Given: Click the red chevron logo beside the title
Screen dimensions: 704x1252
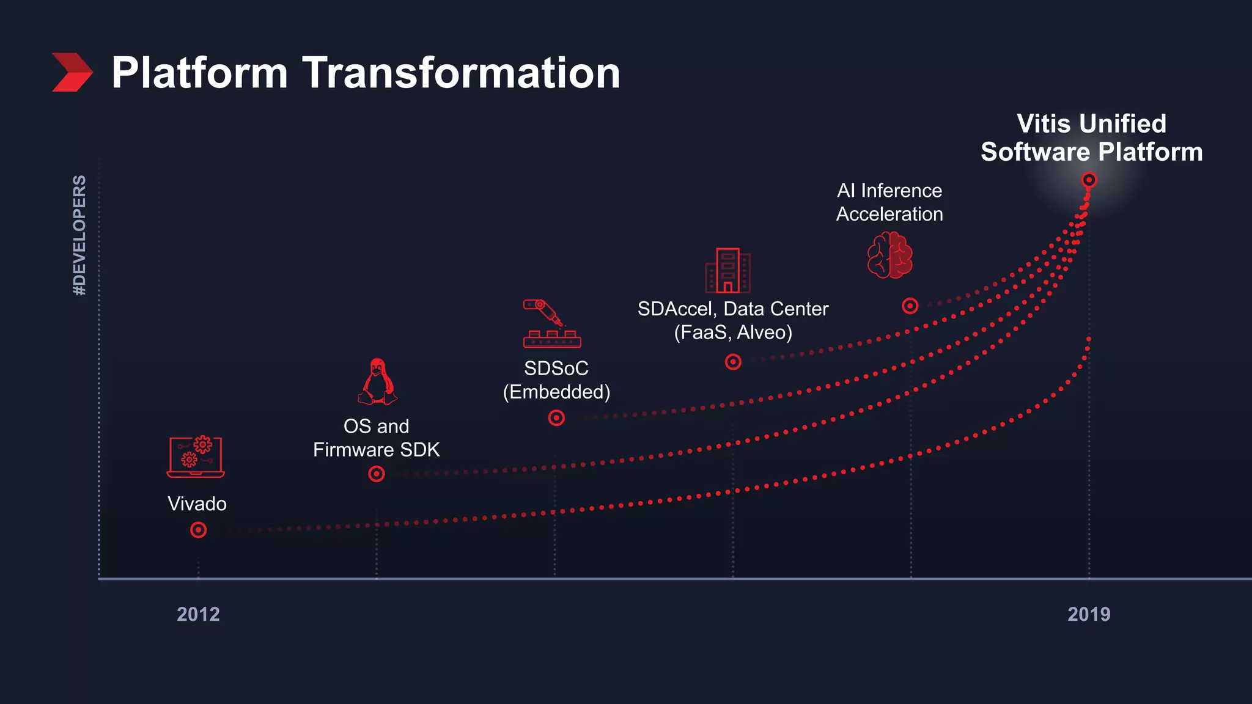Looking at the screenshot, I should pos(72,72).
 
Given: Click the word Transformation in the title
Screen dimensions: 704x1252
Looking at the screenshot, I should pos(461,73).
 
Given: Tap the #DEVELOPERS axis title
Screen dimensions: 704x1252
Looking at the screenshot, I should pos(79,235).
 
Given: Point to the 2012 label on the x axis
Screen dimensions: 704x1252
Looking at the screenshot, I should pos(198,614).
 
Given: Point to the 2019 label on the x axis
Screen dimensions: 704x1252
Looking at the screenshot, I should pos(1089,614).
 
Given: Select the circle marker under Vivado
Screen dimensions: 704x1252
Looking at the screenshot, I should pos(198,530).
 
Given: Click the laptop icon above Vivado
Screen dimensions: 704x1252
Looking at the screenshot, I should pos(196,457).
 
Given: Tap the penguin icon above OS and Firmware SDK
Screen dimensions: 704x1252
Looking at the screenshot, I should pos(377,382).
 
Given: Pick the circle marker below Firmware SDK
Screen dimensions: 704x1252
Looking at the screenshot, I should pos(377,474).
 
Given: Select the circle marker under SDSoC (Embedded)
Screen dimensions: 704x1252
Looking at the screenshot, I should pos(556,418).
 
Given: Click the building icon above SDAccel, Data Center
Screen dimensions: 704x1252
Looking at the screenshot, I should pos(727,271).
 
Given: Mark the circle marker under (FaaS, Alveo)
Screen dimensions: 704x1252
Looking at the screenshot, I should pos(733,362).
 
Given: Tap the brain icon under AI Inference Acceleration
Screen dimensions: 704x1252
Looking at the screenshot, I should pos(890,255).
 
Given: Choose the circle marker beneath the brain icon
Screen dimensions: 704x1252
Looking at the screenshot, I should pos(910,306).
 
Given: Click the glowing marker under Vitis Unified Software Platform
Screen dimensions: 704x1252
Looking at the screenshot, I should pos(1089,180).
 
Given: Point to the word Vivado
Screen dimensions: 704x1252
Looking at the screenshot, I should pos(197,504).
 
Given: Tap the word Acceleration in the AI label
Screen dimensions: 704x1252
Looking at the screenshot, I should pos(889,214).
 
